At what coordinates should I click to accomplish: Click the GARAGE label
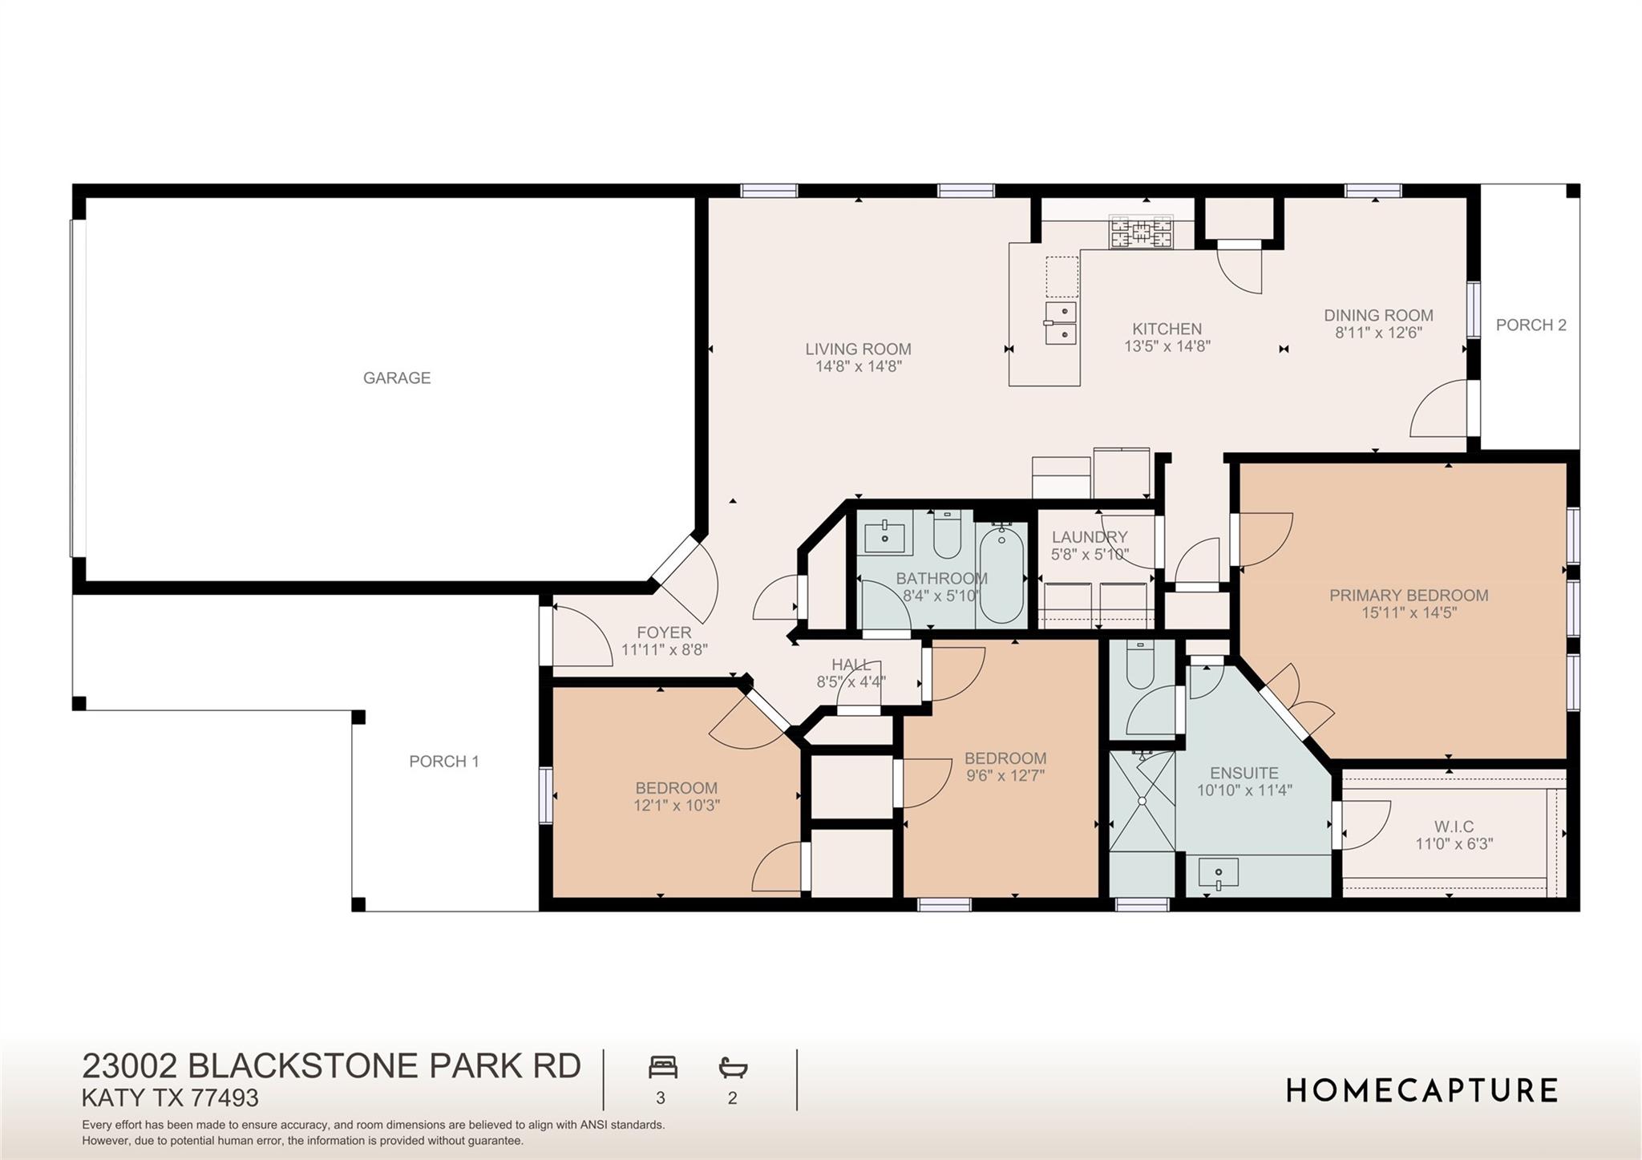[x=397, y=378]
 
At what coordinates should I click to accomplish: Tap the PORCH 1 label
[x=444, y=762]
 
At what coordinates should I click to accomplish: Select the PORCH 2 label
[x=1531, y=325]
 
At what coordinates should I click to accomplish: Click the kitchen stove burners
[x=1140, y=232]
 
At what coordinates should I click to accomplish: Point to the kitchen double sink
[x=1061, y=323]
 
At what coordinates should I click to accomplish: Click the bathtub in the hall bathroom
[x=1001, y=573]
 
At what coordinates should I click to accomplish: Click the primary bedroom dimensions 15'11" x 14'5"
[x=1409, y=613]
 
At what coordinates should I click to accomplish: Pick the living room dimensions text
[x=859, y=366]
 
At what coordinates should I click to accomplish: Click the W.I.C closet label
[x=1454, y=827]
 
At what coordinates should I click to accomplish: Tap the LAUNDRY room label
[x=1090, y=537]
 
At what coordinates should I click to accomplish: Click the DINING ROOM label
[x=1378, y=315]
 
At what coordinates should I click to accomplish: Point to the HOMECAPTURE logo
[x=1422, y=1090]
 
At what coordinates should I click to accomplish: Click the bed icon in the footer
[x=663, y=1068]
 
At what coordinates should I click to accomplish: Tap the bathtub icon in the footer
[x=733, y=1068]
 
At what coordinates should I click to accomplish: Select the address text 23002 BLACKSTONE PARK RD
[x=332, y=1066]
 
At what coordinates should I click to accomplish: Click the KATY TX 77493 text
[x=171, y=1097]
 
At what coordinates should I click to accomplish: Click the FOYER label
[x=664, y=633]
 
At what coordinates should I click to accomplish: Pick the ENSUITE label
[x=1244, y=774]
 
